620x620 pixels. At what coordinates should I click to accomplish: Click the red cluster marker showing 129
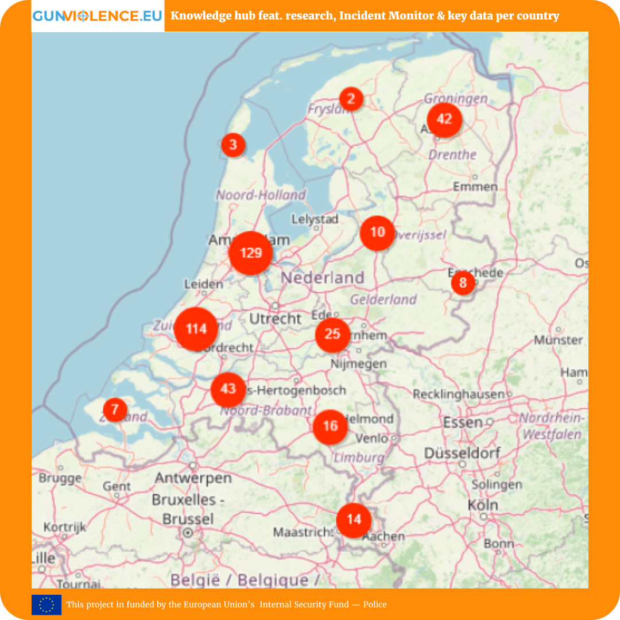click(251, 253)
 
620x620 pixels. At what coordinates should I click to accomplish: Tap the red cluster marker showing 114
click(196, 329)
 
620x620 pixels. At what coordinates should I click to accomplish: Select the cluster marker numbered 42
click(444, 119)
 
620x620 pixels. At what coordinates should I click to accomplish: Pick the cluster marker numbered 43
click(228, 389)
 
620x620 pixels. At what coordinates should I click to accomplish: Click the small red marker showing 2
click(351, 99)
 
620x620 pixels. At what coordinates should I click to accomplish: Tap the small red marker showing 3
click(233, 144)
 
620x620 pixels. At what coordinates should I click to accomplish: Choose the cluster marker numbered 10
click(377, 232)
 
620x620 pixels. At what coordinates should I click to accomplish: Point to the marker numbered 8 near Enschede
click(463, 283)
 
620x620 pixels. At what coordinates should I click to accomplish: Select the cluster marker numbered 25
click(332, 334)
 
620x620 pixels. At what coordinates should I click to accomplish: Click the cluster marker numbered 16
click(330, 427)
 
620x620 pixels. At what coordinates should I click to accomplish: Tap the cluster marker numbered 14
click(354, 520)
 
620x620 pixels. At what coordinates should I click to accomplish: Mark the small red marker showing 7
click(115, 410)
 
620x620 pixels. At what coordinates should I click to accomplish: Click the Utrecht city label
click(276, 319)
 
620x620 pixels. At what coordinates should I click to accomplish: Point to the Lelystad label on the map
click(315, 219)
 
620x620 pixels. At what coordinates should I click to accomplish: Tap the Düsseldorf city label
click(462, 453)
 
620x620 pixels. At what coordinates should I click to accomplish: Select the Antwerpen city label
click(193, 478)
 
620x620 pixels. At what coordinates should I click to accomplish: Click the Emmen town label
click(475, 187)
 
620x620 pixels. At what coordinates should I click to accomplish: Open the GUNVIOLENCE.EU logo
click(98, 15)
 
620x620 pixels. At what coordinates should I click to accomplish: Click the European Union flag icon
click(46, 604)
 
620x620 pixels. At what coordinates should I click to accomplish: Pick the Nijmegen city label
click(359, 363)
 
